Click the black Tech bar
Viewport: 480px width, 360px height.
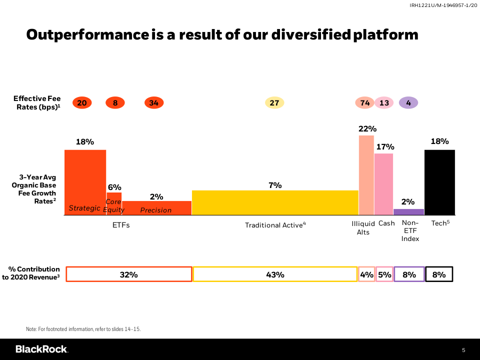(439, 182)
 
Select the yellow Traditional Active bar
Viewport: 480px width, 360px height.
(275, 202)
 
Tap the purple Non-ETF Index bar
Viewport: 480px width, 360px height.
(408, 212)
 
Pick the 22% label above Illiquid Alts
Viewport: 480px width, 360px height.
(367, 128)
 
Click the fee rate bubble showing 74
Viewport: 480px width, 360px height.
(365, 103)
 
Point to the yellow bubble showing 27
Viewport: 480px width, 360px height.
(274, 103)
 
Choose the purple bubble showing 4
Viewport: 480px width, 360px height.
(408, 103)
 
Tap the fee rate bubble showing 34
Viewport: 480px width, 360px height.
(154, 103)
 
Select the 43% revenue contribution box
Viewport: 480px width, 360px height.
(275, 274)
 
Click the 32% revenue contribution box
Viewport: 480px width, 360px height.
(128, 274)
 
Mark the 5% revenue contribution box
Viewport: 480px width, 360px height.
(384, 274)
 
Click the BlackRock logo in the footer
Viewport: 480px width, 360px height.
(41, 349)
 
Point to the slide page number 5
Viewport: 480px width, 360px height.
(463, 349)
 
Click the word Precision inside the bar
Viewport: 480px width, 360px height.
(155, 210)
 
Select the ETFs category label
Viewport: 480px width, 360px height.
(121, 225)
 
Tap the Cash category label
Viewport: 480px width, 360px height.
(386, 223)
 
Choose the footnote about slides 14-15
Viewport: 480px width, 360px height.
(83, 329)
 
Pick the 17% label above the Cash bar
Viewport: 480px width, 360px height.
(385, 147)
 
